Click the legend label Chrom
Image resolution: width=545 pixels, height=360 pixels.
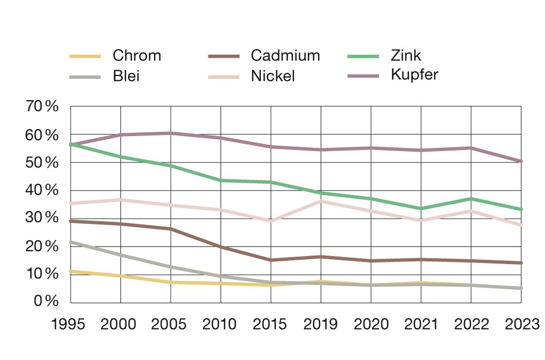click(x=137, y=56)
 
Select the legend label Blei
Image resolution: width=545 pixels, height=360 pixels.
click(x=126, y=76)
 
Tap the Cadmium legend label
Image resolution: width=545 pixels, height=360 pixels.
click(x=285, y=56)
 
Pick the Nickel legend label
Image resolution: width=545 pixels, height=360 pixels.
click(x=272, y=76)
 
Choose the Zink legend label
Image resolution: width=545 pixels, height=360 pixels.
click(x=406, y=56)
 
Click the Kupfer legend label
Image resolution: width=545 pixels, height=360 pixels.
click(x=414, y=74)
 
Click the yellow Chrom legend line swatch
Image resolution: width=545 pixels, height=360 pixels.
click(x=85, y=56)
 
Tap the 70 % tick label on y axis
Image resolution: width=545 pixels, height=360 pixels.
click(x=42, y=107)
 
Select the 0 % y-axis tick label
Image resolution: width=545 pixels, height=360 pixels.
click(x=45, y=302)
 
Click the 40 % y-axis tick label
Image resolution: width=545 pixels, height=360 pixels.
click(x=42, y=190)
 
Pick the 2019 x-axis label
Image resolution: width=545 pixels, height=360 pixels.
click(x=321, y=325)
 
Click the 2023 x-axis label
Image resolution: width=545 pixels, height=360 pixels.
click(x=520, y=325)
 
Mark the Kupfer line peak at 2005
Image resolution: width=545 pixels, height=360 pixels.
click(x=171, y=133)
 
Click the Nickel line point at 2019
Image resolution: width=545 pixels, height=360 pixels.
click(x=321, y=201)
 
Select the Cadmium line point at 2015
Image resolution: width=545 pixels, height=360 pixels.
click(x=271, y=260)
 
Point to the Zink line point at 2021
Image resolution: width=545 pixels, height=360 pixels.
click(x=421, y=208)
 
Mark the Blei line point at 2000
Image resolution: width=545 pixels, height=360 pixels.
click(x=120, y=255)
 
